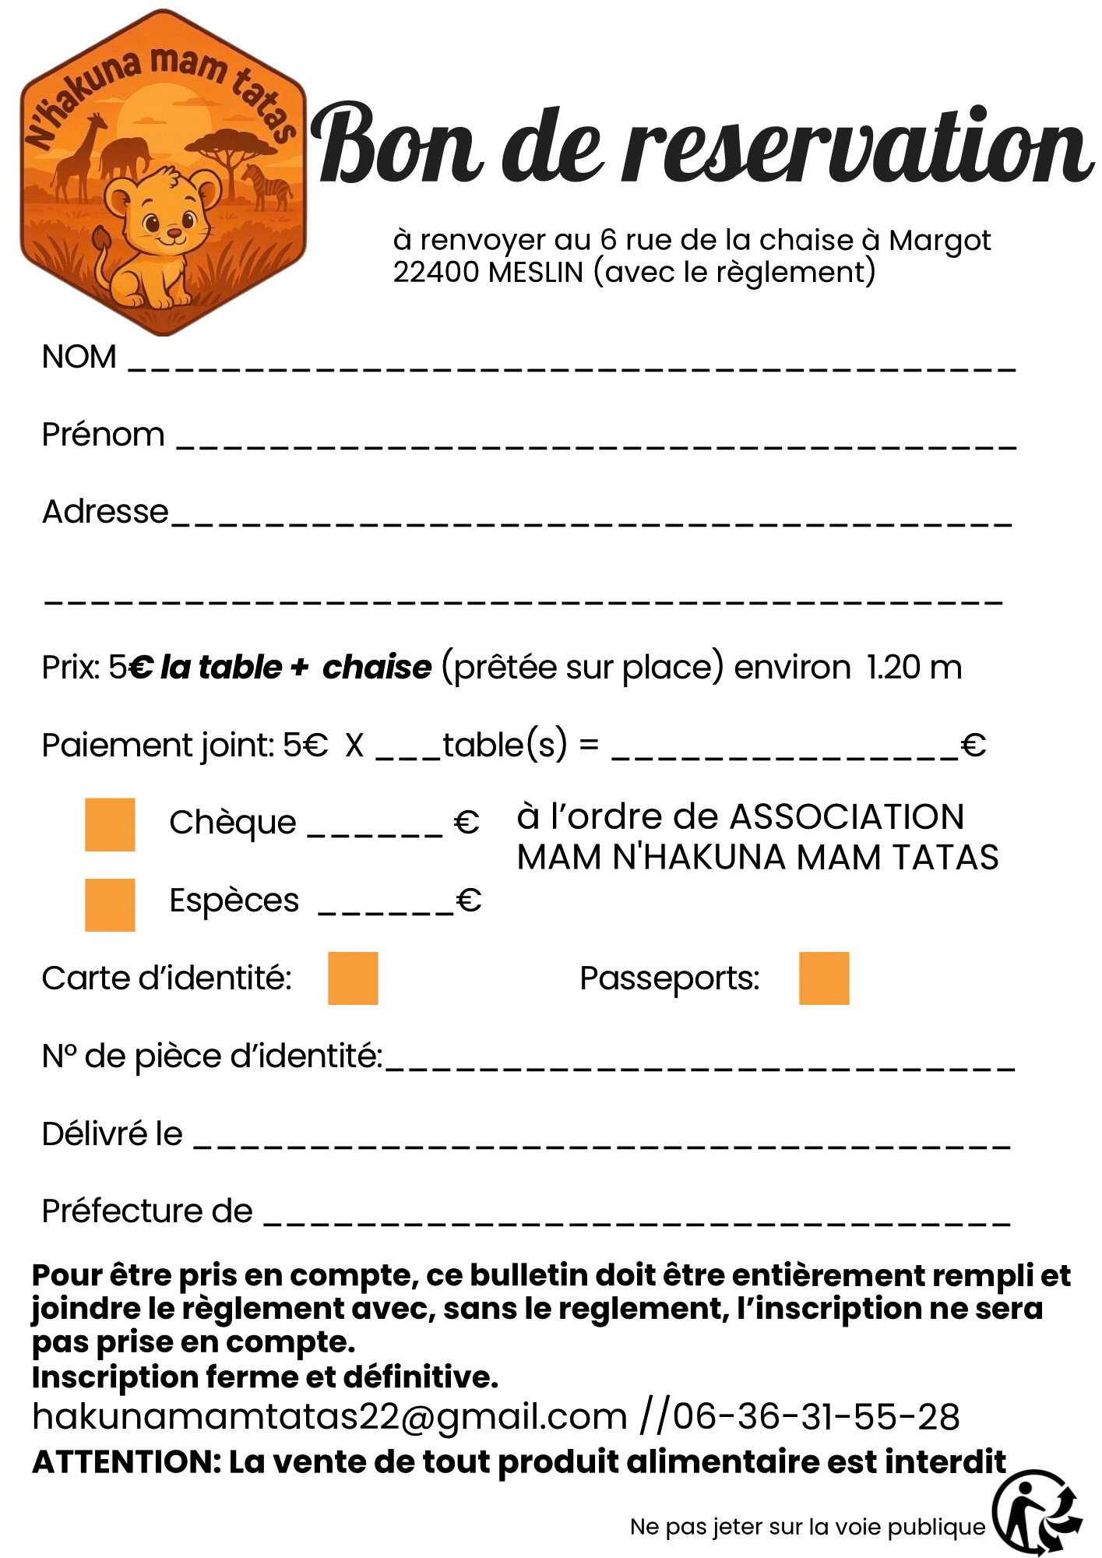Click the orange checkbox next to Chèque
110,824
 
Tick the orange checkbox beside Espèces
110,904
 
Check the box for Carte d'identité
353,978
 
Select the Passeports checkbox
824,978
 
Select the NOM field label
79,357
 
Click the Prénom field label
103,435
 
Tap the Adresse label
105,512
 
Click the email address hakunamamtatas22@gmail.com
329,1416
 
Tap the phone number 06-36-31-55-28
815,1416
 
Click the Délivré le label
112,1134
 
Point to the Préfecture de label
147,1211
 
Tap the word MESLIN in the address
536,273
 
